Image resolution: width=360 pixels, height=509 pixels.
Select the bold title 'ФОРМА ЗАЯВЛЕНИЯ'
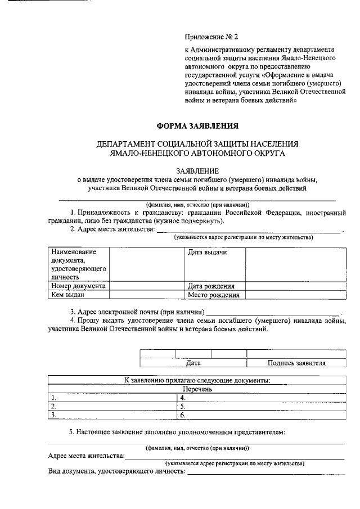[x=197, y=127]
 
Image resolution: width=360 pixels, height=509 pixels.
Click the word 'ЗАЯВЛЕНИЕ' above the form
[x=196, y=170]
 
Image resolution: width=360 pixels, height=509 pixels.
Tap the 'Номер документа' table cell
[x=78, y=286]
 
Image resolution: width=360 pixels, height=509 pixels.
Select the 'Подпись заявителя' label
[x=296, y=363]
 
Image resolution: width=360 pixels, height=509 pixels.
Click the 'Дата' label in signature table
[x=193, y=363]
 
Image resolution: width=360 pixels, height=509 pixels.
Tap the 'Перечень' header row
[x=196, y=389]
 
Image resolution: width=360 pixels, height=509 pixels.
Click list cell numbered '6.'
[x=261, y=415]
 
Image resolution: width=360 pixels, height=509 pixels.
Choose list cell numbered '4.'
[x=261, y=397]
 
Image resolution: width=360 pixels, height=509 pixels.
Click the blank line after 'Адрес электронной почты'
[x=273, y=313]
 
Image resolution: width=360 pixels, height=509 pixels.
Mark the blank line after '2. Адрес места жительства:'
[x=247, y=230]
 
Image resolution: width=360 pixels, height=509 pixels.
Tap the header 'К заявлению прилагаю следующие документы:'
[x=196, y=380]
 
